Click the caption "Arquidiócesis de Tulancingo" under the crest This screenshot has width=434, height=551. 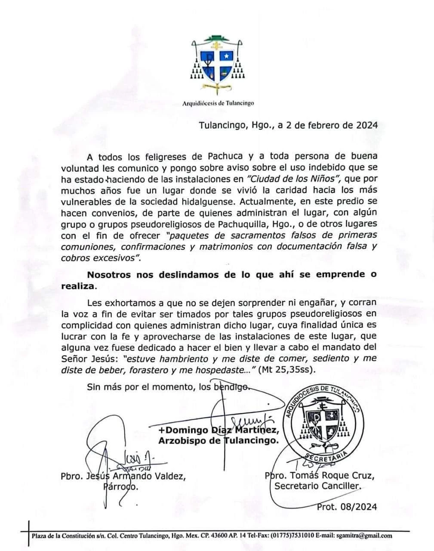click(217, 103)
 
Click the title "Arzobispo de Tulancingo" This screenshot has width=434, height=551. click(218, 441)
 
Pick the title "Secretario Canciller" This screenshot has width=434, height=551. click(318, 487)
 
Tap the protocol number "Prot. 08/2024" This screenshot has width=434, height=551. click(347, 507)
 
